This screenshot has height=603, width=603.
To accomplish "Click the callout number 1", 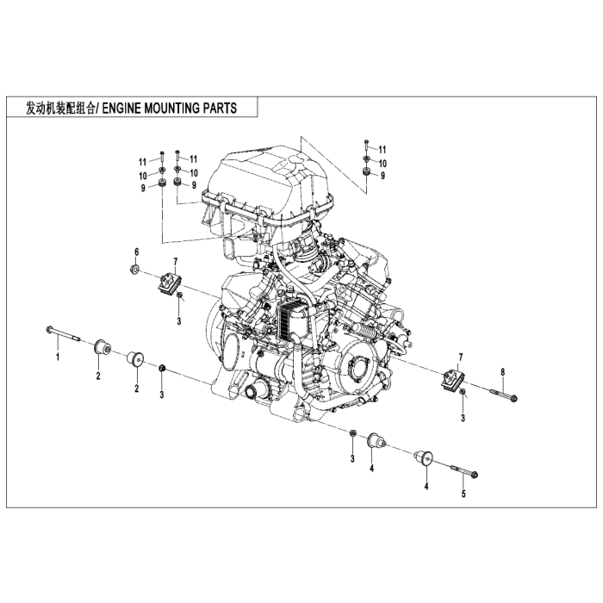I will [x=58, y=356].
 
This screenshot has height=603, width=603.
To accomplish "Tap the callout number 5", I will [x=463, y=494].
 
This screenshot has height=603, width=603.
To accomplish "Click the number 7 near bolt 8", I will [x=462, y=357].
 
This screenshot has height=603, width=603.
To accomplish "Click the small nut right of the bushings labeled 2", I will [x=162, y=370].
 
